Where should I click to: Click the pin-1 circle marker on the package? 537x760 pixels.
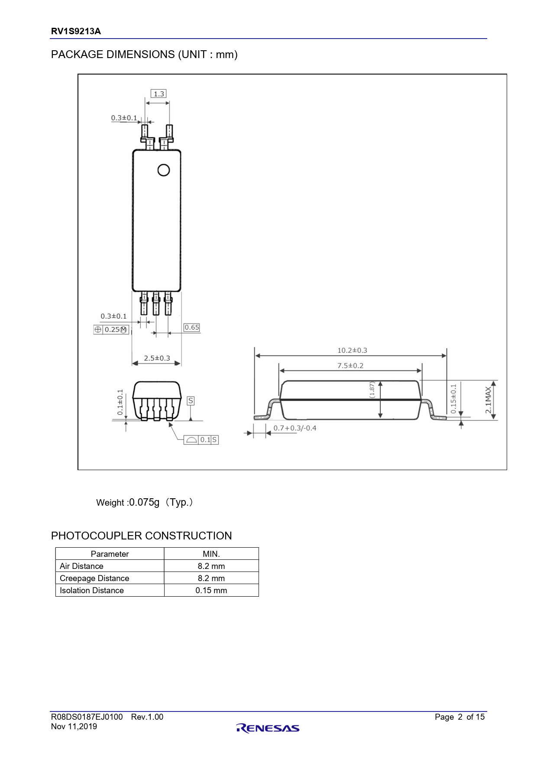(x=164, y=170)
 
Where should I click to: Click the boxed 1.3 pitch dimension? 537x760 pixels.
(x=159, y=94)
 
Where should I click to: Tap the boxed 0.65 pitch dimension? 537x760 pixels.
(x=192, y=328)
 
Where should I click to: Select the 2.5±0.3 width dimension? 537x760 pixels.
(x=157, y=358)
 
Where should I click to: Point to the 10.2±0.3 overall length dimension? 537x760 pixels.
(x=352, y=350)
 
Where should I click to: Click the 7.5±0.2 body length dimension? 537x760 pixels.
(x=350, y=366)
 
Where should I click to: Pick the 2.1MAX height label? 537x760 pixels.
(x=488, y=400)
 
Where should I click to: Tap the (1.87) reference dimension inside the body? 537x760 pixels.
(x=372, y=390)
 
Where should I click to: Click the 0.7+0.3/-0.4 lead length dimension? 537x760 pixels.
(x=295, y=428)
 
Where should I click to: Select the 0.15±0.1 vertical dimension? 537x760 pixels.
(x=453, y=399)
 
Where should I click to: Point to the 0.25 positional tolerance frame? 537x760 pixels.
(x=111, y=330)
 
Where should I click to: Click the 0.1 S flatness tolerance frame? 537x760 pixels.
(x=201, y=440)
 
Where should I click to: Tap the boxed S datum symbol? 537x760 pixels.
(x=191, y=401)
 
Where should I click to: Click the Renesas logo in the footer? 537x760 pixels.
(x=268, y=728)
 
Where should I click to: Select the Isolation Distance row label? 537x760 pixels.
(x=92, y=591)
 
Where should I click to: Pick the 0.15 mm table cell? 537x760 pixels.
(x=211, y=591)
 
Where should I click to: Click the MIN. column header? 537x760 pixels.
(x=211, y=554)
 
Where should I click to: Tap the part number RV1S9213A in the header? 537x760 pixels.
(x=76, y=31)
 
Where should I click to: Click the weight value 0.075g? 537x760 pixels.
(x=144, y=502)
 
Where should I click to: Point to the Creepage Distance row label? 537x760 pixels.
(x=94, y=578)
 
